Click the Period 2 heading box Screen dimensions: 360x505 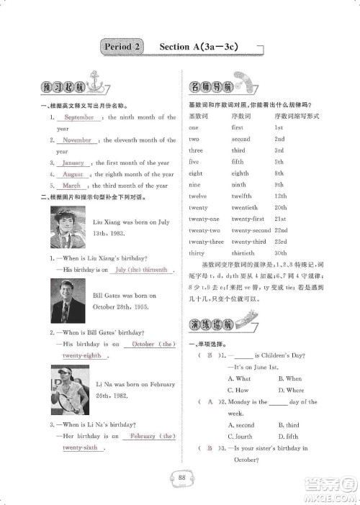[122, 47]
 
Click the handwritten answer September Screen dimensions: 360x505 [78, 117]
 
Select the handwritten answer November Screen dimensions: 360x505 [77, 140]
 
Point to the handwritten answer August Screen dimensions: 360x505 [72, 174]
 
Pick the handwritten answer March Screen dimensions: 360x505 [71, 186]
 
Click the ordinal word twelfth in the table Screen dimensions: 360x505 [242, 196]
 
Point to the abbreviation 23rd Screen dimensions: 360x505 [280, 242]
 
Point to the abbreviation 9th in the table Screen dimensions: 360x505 [279, 184]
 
